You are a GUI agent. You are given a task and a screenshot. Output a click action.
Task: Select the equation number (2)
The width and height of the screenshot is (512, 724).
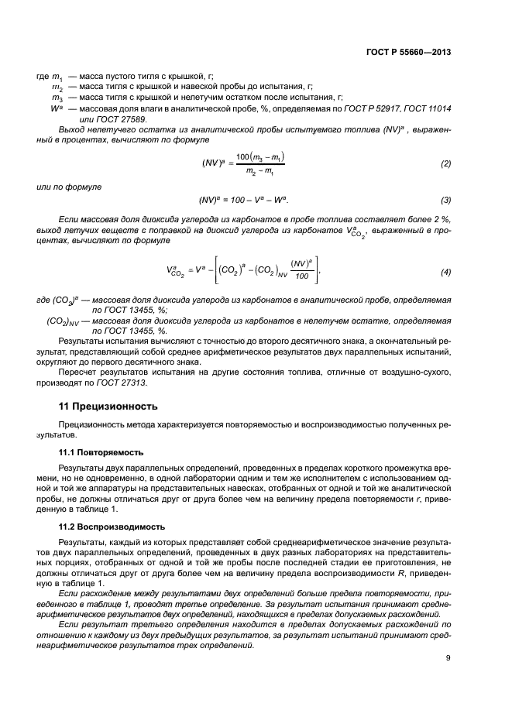pyautogui.click(x=445, y=164)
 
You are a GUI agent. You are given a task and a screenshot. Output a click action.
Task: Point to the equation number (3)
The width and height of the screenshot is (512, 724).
pyautogui.click(x=445, y=200)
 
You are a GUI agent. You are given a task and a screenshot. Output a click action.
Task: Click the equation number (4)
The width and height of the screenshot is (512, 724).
pyautogui.click(x=445, y=272)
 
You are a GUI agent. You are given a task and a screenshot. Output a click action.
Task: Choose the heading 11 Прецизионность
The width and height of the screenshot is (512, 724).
pyautogui.click(x=108, y=405)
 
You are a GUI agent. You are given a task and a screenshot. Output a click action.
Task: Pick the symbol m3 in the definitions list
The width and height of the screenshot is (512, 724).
pyautogui.click(x=57, y=98)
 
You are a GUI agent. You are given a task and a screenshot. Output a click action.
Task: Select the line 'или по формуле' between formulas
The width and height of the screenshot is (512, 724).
pyautogui.click(x=69, y=187)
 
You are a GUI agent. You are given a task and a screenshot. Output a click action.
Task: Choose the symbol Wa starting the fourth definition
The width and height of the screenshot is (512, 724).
pyautogui.click(x=56, y=108)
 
